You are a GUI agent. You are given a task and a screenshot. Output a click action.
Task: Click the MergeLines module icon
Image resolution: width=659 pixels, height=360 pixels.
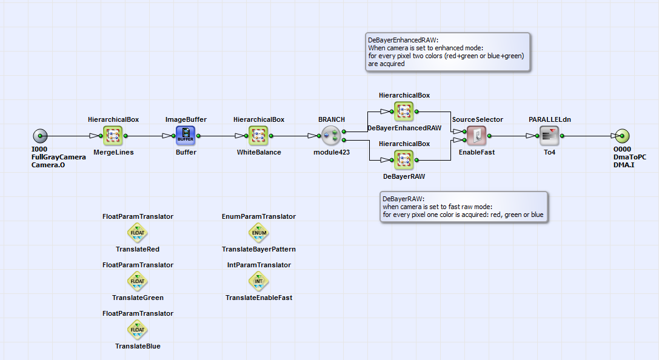click(x=113, y=136)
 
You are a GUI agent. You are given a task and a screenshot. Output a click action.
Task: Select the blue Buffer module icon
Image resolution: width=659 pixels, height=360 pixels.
click(x=186, y=136)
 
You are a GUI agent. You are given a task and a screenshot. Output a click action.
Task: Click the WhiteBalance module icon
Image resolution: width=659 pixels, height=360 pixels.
click(x=259, y=136)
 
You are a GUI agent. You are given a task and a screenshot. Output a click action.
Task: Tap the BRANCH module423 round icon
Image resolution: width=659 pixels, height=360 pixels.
click(x=332, y=136)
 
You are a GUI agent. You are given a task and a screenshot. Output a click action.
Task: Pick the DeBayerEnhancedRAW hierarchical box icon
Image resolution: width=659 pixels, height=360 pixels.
click(x=404, y=112)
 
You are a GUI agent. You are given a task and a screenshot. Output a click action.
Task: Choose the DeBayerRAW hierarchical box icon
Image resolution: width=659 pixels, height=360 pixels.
click(x=404, y=160)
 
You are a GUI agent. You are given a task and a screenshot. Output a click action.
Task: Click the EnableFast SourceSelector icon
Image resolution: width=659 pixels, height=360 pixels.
click(x=477, y=136)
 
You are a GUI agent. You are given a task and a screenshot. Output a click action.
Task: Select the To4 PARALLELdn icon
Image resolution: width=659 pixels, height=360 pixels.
click(x=550, y=136)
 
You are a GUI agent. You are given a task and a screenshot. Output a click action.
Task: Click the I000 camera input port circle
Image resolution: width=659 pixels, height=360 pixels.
click(x=41, y=136)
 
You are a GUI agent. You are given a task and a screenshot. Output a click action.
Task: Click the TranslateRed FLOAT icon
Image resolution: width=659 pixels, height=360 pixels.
click(x=138, y=232)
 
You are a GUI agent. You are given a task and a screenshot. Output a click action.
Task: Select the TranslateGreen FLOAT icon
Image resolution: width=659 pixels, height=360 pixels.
click(x=138, y=281)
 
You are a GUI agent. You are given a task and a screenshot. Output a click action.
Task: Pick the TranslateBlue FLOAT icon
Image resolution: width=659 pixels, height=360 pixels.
click(x=138, y=329)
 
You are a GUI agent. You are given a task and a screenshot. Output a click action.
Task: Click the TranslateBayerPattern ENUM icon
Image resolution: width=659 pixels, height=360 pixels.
click(x=259, y=232)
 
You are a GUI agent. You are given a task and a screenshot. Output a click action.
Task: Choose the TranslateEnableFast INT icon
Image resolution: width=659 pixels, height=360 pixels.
click(x=259, y=281)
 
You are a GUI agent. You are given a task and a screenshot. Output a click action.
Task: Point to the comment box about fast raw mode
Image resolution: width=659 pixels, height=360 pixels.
click(x=464, y=207)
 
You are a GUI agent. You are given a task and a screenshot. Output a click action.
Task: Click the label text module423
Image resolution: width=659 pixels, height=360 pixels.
click(x=332, y=152)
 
